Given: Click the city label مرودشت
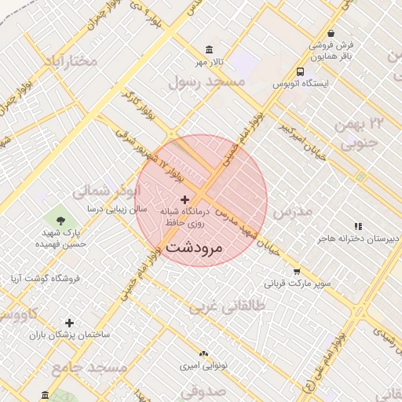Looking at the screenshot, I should tap(195, 247).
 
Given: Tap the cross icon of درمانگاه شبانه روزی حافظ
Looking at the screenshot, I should tap(185, 200).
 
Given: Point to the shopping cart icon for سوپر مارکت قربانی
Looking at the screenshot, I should tap(296, 272).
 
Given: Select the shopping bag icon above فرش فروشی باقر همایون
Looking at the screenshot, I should tap(331, 33).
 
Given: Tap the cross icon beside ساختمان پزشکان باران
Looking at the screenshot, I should tap(69, 323).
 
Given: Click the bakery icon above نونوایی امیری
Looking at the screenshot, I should tap(203, 355).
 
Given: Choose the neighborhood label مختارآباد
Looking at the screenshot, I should tap(71, 60).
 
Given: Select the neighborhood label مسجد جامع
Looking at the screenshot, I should tap(90, 367).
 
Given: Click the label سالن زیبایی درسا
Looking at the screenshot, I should tap(96, 210).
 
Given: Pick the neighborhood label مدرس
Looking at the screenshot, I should tap(292, 212).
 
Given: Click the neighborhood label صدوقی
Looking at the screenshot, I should tap(203, 390).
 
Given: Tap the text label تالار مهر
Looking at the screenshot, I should tap(210, 62).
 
